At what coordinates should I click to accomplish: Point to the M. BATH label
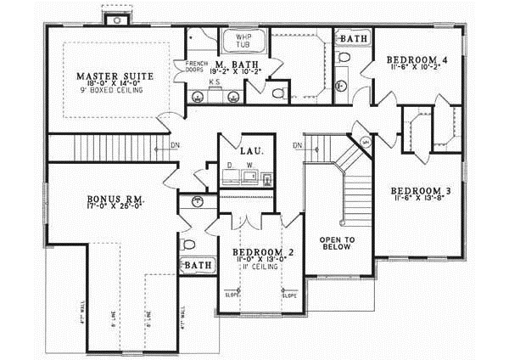click(x=231, y=65)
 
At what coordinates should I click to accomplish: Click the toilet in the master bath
click(x=278, y=91)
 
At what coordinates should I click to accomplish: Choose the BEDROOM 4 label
click(x=415, y=59)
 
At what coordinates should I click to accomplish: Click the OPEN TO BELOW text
click(x=336, y=245)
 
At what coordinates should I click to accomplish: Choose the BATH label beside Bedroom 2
click(x=199, y=266)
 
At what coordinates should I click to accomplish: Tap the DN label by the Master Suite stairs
click(x=174, y=145)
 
